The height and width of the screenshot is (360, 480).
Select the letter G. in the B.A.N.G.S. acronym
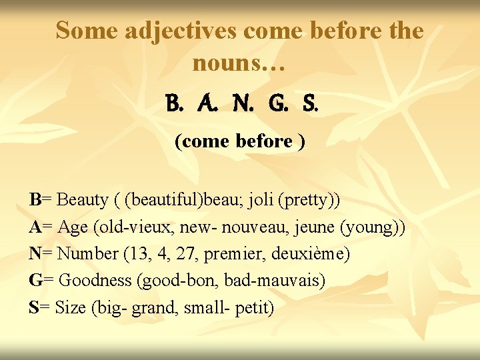point(276,105)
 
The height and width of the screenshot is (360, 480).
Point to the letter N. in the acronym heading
point(243,105)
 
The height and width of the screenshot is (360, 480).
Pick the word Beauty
point(83,199)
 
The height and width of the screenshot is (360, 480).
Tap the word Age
point(73,227)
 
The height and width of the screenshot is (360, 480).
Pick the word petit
point(255,308)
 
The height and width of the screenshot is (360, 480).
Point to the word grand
point(150,308)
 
